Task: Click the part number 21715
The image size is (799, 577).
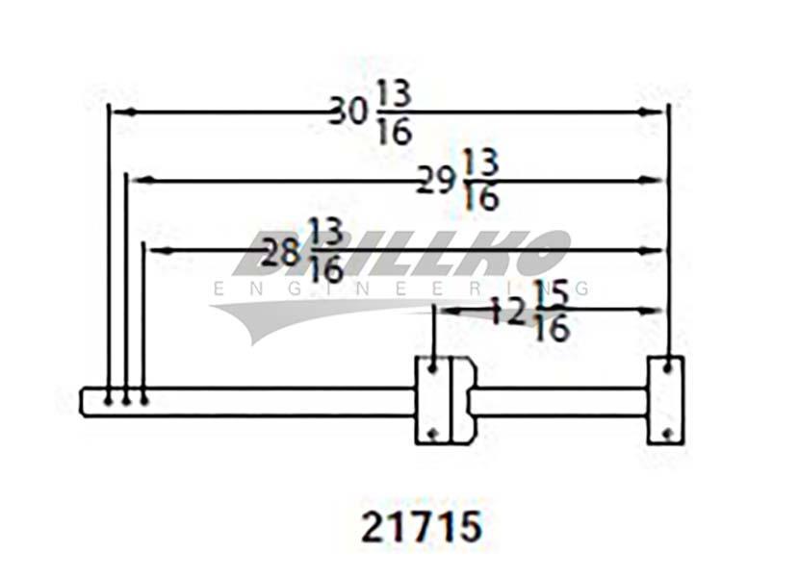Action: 422,526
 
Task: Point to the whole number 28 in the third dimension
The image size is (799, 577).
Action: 280,252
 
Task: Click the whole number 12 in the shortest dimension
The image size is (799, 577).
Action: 507,312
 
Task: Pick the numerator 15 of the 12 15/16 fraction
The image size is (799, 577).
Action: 552,293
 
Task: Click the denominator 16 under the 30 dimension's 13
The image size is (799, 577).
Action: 395,132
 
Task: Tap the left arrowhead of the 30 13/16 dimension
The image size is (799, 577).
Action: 124,113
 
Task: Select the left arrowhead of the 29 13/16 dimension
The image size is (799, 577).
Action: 142,180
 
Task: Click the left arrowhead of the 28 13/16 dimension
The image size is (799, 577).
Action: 161,251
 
